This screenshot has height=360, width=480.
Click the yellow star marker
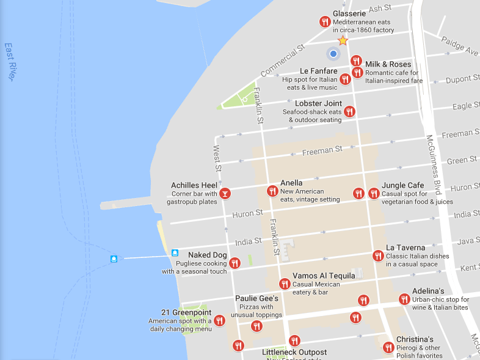[x=343, y=40]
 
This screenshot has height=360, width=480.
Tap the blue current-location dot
[x=333, y=54]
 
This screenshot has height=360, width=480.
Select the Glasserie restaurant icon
[x=325, y=22]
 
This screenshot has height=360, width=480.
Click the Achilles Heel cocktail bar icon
[x=225, y=194]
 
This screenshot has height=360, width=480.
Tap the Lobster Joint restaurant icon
[x=349, y=111]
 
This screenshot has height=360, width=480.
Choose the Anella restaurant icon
[x=272, y=191]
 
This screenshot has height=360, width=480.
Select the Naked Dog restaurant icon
[x=235, y=263]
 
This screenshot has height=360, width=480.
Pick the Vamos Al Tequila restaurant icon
[x=285, y=284]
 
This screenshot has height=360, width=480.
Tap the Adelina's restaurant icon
[x=404, y=299]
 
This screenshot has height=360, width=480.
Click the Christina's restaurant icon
[x=388, y=347]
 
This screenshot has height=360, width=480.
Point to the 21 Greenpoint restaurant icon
[x=219, y=320]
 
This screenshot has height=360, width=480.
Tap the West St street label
[x=216, y=158]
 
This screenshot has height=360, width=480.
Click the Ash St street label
[x=379, y=8]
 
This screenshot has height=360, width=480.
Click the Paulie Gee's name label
[x=256, y=298]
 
